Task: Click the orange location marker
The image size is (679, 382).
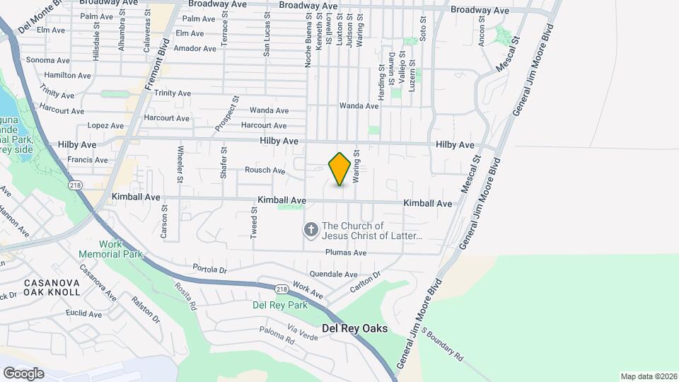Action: (339, 169)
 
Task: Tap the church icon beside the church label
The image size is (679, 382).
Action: (311, 230)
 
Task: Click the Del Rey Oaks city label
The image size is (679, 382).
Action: (354, 328)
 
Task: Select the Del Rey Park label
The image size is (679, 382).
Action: (280, 305)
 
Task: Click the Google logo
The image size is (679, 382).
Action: (23, 373)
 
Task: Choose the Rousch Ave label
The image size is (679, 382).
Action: (265, 170)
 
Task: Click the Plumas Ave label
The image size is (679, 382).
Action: (346, 253)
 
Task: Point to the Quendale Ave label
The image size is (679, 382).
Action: (333, 274)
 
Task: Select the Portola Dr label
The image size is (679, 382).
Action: (209, 270)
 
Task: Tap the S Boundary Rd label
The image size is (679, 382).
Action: (443, 343)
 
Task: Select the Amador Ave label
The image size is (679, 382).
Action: (195, 49)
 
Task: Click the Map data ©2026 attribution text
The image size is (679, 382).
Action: (649, 376)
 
